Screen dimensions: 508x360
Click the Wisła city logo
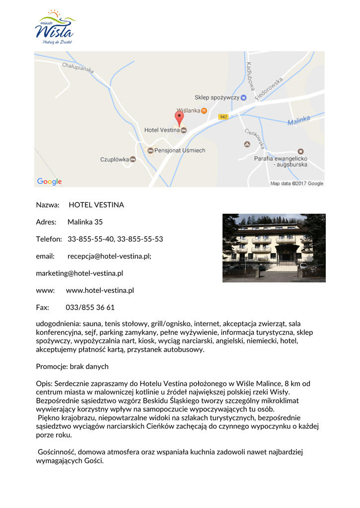(55, 27)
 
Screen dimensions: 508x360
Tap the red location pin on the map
(179, 118)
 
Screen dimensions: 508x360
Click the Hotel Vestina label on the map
(162, 130)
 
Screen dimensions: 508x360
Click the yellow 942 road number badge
(223, 117)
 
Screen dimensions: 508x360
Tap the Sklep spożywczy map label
(216, 98)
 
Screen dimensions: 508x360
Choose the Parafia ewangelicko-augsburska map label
(281, 162)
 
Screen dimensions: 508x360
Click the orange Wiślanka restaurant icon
(204, 110)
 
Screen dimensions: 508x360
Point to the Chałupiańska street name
(78, 68)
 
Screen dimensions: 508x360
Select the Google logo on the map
(50, 182)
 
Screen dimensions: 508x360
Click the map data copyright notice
(296, 184)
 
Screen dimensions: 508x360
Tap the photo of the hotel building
(274, 248)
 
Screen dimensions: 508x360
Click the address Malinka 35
(85, 222)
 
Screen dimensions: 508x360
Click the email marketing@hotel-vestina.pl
(79, 273)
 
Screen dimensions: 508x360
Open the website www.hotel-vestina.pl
(100, 290)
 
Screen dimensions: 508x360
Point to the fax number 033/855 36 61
(90, 308)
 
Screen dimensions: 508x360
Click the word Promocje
(51, 367)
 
